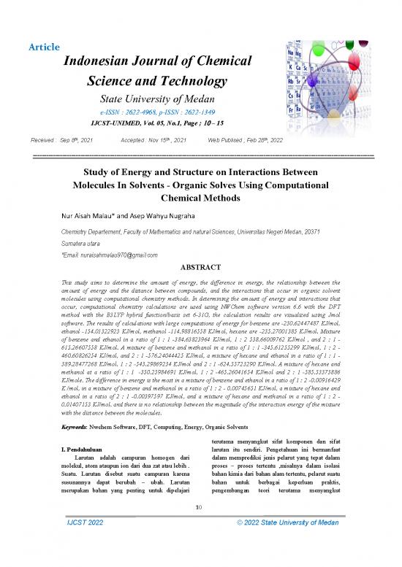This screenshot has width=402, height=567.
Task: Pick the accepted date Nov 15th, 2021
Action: click(170, 139)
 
